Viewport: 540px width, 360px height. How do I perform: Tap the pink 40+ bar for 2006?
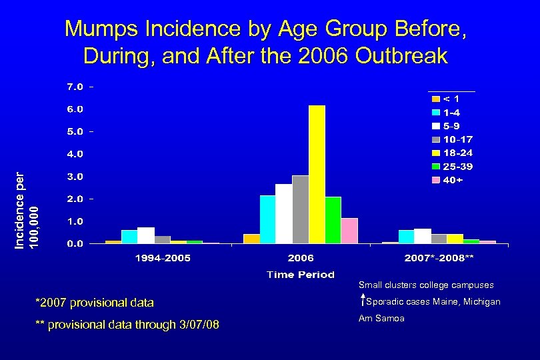(x=349, y=231)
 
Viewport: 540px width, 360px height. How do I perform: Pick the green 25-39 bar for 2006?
(x=333, y=220)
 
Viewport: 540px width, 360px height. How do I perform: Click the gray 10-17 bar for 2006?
(x=300, y=209)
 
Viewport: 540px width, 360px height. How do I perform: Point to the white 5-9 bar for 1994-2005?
(x=146, y=235)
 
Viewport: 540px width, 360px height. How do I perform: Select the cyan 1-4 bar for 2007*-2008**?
(x=406, y=237)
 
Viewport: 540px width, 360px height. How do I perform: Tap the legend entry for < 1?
(x=447, y=98)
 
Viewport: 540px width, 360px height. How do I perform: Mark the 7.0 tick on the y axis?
(x=74, y=87)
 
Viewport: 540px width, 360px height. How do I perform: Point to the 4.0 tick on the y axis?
(x=74, y=154)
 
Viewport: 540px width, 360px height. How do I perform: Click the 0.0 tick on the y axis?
(x=74, y=244)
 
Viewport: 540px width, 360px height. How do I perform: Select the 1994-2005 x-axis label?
(x=163, y=258)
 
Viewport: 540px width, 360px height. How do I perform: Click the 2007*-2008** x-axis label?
(x=441, y=258)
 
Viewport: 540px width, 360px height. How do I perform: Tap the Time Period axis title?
(x=301, y=275)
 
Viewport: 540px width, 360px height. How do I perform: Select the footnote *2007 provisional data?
(x=94, y=303)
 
